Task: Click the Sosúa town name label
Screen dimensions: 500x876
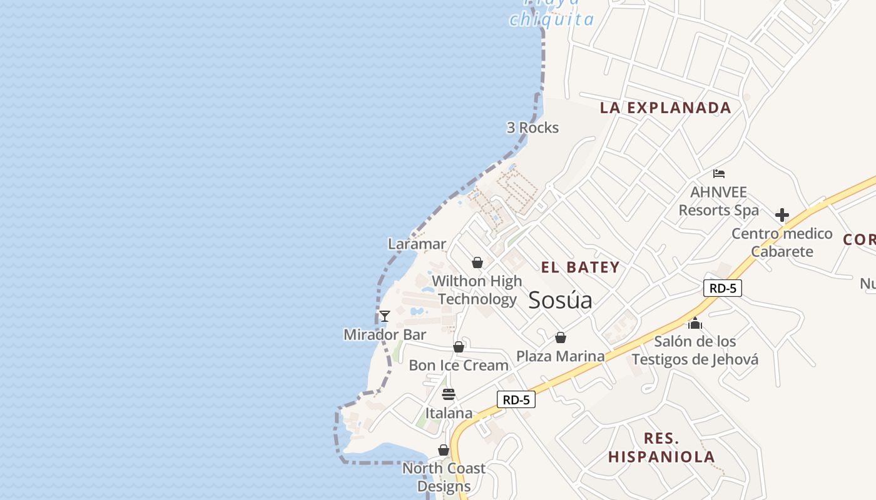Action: [x=560, y=301]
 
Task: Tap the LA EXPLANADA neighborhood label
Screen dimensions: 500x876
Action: [x=665, y=107]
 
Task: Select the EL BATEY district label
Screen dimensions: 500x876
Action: [x=580, y=267]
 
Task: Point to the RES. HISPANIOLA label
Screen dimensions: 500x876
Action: [x=661, y=447]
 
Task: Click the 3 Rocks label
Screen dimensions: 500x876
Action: [x=532, y=127]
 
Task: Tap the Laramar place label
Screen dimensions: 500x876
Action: [x=417, y=244]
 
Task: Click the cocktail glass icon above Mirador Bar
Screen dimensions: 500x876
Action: [x=385, y=316]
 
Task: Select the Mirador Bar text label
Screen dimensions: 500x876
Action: [x=385, y=334]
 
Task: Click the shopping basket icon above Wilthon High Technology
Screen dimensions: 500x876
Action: [x=477, y=262]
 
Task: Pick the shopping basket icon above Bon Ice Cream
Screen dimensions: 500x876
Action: [x=459, y=347]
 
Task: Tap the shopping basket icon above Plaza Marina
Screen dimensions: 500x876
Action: [x=561, y=337]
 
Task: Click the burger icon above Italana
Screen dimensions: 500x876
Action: [x=448, y=394]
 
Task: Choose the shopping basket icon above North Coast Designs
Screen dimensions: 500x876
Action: [x=444, y=450]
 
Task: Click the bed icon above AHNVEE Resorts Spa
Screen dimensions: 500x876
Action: [x=719, y=173]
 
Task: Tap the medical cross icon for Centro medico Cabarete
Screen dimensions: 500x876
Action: [x=782, y=216]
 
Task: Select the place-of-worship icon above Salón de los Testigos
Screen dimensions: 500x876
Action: [x=695, y=323]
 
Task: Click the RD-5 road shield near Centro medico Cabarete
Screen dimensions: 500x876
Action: [x=722, y=288]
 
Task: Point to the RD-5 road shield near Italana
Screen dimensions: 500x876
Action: [x=516, y=399]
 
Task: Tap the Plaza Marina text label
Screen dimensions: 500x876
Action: [x=561, y=356]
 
